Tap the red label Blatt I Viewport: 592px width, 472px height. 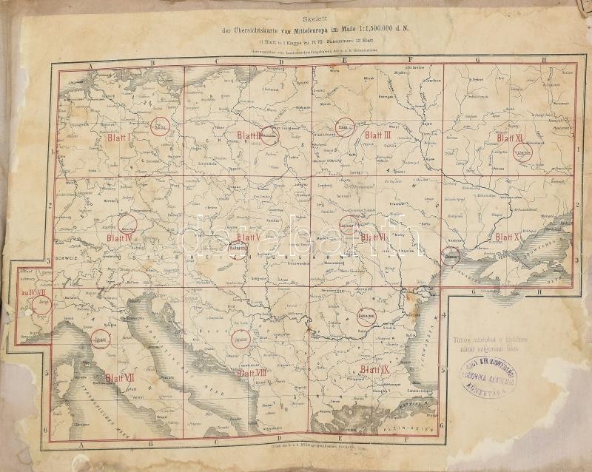click(x=119, y=138)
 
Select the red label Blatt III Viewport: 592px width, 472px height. click(x=377, y=135)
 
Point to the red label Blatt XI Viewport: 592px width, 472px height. click(x=510, y=138)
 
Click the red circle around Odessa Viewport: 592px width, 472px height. click(x=452, y=255)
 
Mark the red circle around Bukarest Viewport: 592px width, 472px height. click(x=368, y=316)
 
